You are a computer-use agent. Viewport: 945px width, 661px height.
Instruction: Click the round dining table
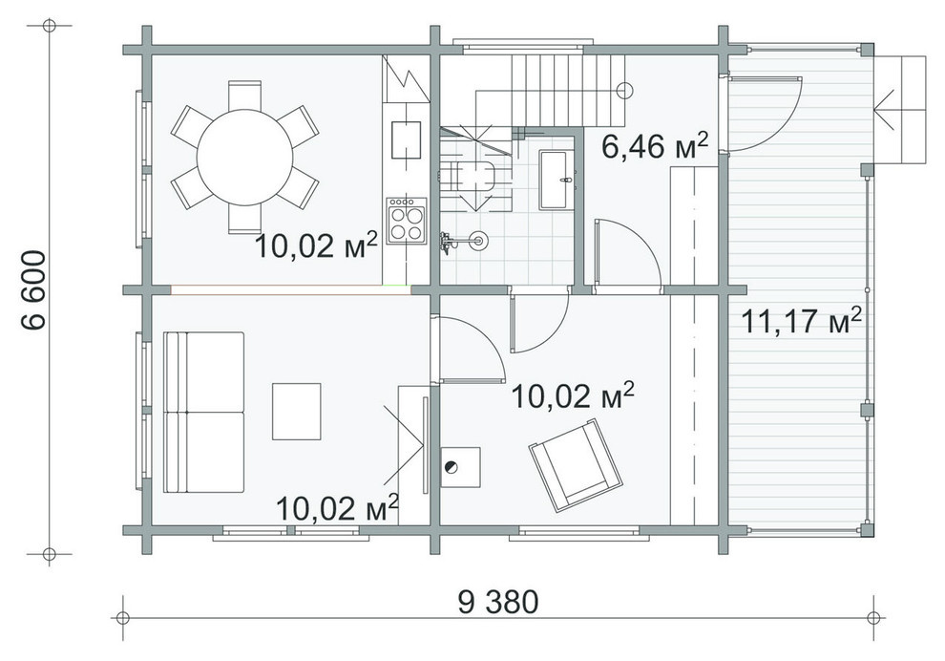pos(244,158)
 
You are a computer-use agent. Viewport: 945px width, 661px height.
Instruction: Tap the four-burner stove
pos(407,221)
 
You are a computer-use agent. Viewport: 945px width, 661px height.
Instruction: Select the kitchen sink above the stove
pos(407,139)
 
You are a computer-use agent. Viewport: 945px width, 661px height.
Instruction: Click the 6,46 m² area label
pos(655,145)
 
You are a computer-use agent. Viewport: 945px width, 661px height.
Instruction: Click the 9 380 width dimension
pos(498,601)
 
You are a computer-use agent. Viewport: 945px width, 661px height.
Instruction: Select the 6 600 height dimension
pos(33,289)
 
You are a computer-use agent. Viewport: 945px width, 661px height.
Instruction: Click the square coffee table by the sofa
pos(297,412)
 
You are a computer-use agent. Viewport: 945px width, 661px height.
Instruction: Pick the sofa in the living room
pos(203,412)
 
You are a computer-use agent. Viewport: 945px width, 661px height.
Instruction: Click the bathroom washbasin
pos(555,180)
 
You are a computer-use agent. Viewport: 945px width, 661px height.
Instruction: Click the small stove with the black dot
pos(460,467)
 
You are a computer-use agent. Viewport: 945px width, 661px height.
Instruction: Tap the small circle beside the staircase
pos(625,91)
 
